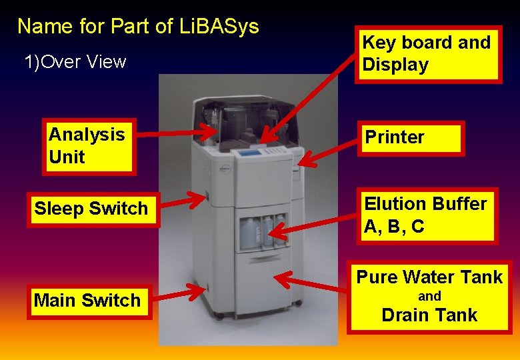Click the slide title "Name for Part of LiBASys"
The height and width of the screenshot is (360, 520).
click(138, 27)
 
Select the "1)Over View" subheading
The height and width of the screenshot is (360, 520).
click(75, 62)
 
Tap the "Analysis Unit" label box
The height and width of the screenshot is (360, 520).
click(90, 146)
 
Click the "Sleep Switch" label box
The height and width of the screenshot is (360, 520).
click(91, 209)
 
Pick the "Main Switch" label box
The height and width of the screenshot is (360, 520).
click(87, 301)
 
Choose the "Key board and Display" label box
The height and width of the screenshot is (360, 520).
click(427, 54)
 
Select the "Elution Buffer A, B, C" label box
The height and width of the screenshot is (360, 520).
click(427, 215)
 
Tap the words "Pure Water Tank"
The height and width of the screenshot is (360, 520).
click(429, 277)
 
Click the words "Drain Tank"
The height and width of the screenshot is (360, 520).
click(429, 315)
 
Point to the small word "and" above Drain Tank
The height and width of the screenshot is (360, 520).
click(429, 297)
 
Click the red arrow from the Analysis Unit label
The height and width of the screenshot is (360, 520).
click(177, 130)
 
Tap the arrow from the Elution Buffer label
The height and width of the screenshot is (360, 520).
click(317, 225)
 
